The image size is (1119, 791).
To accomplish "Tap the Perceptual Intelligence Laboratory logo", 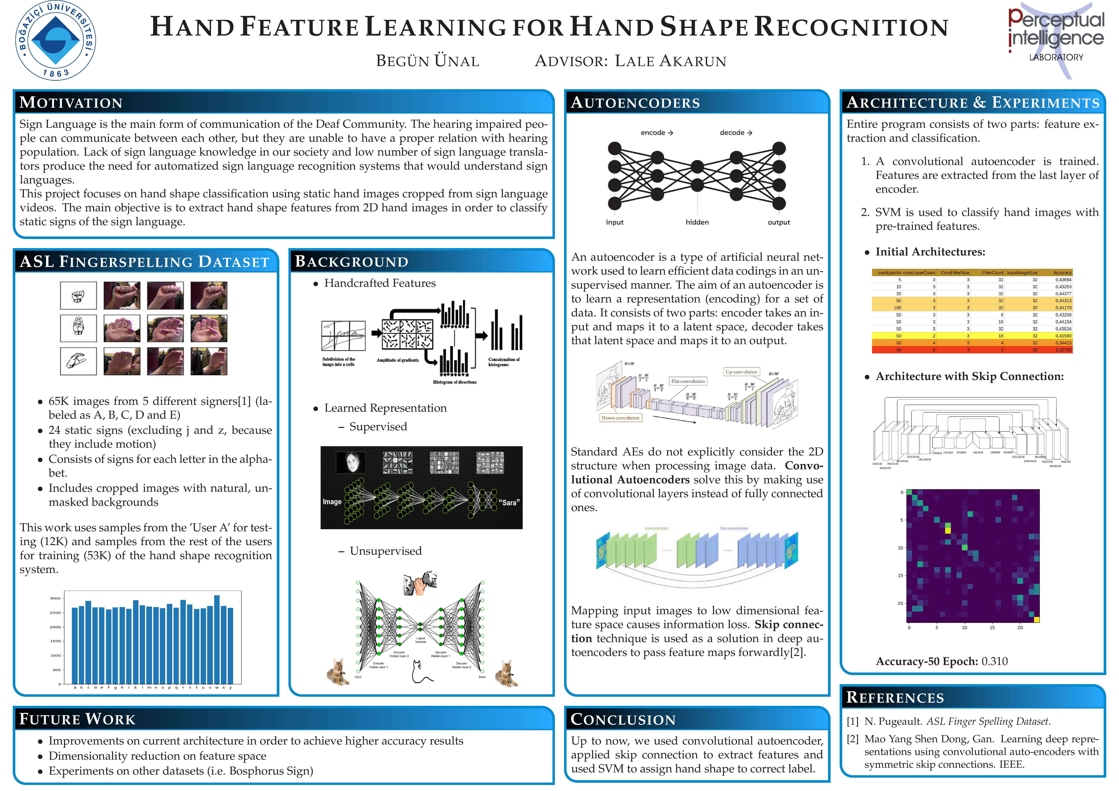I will pyautogui.click(x=1056, y=39).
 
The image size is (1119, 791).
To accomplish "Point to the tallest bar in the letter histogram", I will pyautogui.click(x=217, y=639).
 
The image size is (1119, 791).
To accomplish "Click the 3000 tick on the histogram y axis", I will pyautogui.click(x=55, y=598).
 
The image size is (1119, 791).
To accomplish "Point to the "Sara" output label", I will pyautogui.click(x=509, y=502).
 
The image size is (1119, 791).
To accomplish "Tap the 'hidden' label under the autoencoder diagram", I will pyautogui.click(x=697, y=222).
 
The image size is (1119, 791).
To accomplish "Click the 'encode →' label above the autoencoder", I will pyautogui.click(x=657, y=132).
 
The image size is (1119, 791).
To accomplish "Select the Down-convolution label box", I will pyautogui.click(x=620, y=418).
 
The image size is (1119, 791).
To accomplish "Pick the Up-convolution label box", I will pyautogui.click(x=741, y=372).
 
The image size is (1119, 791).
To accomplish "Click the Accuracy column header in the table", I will pyautogui.click(x=1062, y=273).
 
